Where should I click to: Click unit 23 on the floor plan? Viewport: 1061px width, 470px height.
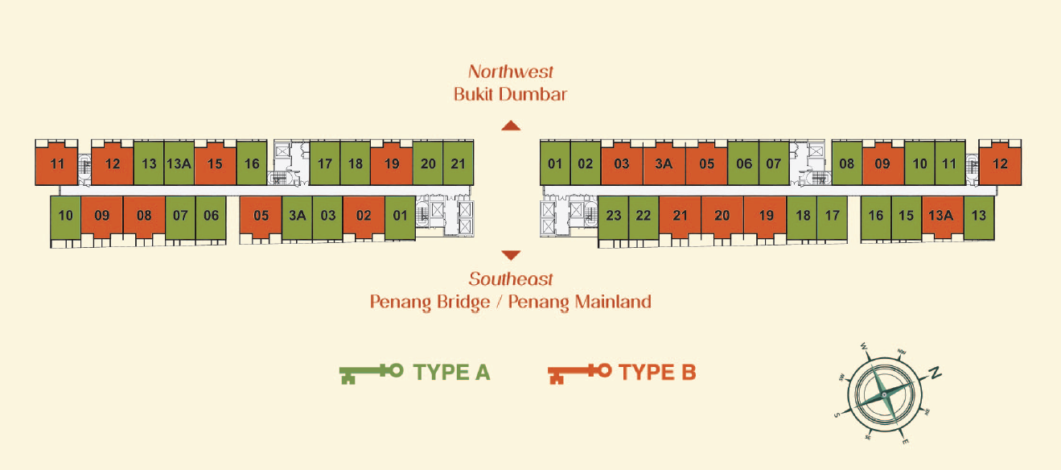pos(614,216)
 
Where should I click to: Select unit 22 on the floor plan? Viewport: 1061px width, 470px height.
pos(644,216)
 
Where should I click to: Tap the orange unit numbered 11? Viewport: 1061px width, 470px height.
pos(57,164)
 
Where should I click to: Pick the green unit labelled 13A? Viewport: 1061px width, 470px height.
pos(179,164)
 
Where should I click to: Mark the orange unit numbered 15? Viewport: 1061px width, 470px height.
pos(215,164)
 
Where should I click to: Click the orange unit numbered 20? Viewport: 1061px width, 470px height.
pos(722,216)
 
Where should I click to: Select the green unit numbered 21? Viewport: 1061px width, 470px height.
pos(458,164)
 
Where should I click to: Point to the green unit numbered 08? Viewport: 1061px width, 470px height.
pos(846,164)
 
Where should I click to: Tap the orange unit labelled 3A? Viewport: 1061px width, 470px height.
pos(664,164)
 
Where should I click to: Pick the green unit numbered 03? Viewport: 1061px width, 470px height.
pos(327,216)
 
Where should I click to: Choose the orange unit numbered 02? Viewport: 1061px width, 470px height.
pos(364,216)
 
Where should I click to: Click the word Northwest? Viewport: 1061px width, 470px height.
pos(511,72)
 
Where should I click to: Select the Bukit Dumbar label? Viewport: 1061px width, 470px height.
pos(511,94)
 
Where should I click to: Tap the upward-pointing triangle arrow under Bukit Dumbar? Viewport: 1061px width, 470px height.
pos(511,126)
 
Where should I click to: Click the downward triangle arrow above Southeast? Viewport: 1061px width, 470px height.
pos(511,255)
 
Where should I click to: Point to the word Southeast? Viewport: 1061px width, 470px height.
pos(511,279)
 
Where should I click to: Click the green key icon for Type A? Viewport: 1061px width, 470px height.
pos(371,372)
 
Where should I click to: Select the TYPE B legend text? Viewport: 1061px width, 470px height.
pos(657,372)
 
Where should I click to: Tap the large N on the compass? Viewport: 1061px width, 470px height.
pos(935,373)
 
